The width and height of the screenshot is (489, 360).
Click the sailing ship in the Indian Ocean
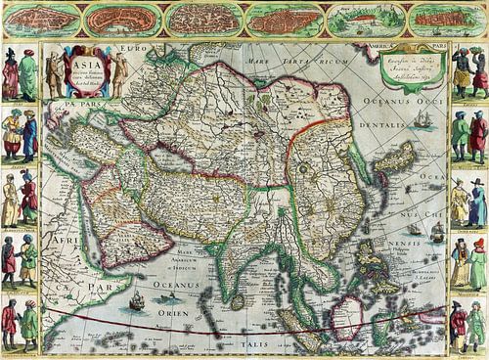136,301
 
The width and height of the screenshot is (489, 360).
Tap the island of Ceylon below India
237,300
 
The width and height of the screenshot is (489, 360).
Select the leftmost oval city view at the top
40,19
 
